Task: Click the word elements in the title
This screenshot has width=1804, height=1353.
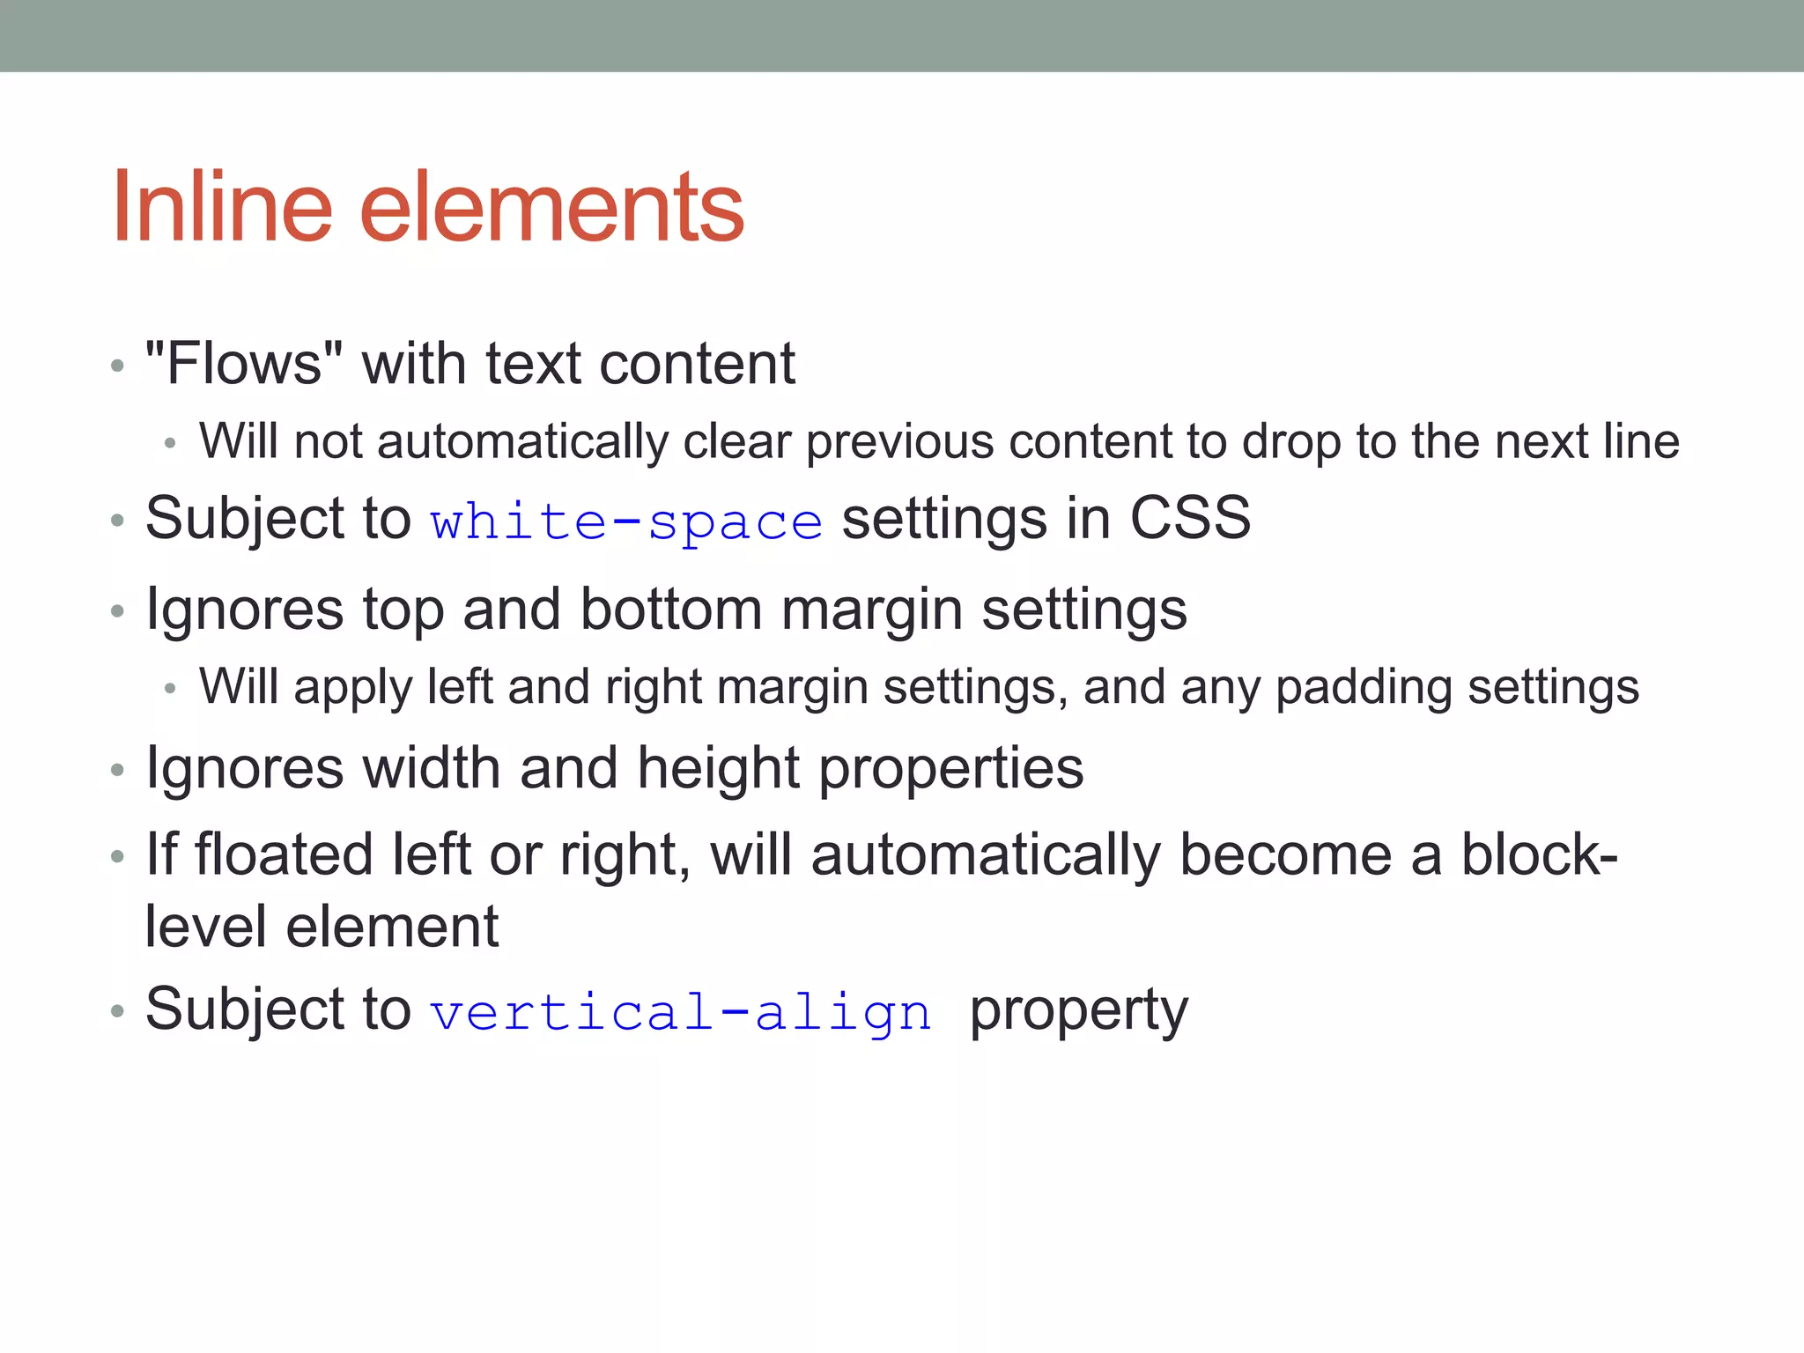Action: [552, 207]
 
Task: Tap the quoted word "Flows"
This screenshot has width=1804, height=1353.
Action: [244, 363]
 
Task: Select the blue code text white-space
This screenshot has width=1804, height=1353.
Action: [626, 521]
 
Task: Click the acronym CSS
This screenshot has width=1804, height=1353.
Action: [1189, 518]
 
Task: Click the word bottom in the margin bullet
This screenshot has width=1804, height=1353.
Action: [671, 610]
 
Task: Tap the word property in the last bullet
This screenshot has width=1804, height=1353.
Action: [1078, 1011]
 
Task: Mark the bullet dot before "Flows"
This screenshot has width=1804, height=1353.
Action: [117, 366]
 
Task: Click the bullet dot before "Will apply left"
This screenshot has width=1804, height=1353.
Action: [171, 689]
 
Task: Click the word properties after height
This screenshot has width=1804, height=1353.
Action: [950, 768]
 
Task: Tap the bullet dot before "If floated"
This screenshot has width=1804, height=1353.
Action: [117, 856]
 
